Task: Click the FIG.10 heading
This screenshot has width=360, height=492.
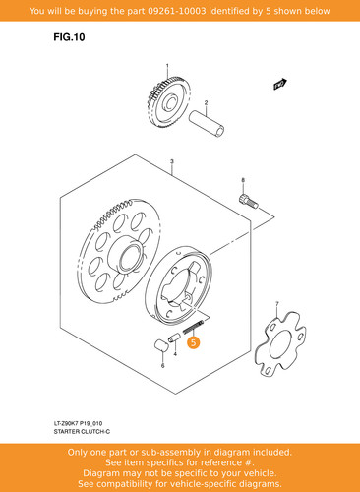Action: tap(69, 37)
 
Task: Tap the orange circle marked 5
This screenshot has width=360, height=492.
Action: tap(193, 342)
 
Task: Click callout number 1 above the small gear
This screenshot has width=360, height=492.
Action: tap(167, 66)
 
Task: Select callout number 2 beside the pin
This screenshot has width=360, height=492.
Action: tap(206, 103)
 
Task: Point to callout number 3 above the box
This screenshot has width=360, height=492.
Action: tap(172, 161)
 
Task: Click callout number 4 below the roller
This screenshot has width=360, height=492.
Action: tap(175, 354)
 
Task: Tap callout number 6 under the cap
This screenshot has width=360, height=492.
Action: tap(162, 366)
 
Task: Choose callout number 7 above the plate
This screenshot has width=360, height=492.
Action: tap(277, 304)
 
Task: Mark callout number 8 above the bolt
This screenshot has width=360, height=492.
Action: tap(243, 180)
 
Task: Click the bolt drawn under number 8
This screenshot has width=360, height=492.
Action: tap(248, 201)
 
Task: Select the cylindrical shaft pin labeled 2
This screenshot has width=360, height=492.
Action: tap(207, 124)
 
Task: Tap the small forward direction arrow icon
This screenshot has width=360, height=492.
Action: tap(280, 84)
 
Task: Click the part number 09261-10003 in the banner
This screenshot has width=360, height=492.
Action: tap(177, 11)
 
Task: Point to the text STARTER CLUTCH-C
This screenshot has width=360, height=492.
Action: tap(82, 432)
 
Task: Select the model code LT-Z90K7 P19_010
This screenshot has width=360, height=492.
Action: tap(78, 423)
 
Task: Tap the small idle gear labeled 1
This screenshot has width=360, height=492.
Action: tap(168, 103)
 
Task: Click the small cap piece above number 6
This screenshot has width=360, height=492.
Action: tap(161, 345)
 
